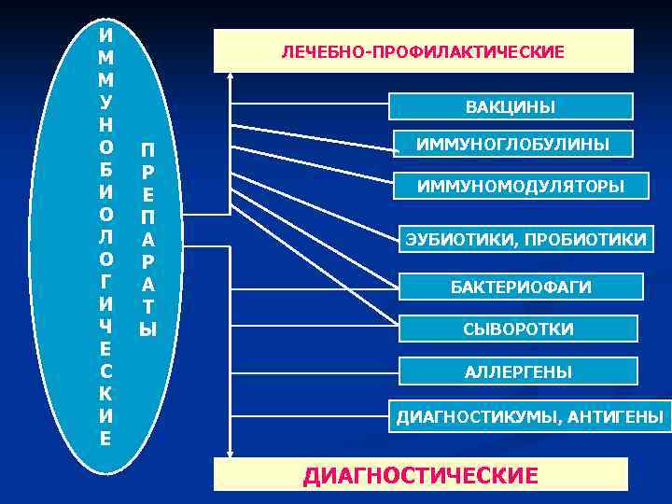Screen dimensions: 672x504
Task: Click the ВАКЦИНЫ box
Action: [510, 107]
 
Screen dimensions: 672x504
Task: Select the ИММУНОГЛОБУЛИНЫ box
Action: [513, 144]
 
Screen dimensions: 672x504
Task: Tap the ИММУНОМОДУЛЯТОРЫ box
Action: [521, 187]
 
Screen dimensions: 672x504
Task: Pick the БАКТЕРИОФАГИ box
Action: [522, 287]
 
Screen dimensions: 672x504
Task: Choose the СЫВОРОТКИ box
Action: [519, 329]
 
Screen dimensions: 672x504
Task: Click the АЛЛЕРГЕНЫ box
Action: [519, 372]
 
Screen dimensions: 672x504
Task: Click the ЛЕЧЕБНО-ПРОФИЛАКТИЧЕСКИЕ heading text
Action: [423, 51]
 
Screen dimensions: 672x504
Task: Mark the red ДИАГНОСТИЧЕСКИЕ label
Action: [421, 476]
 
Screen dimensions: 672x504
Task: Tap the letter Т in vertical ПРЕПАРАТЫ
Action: [148, 306]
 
